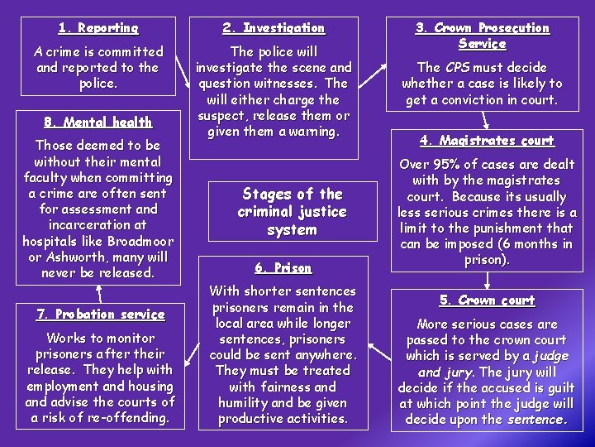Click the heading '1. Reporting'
pyautogui.click(x=98, y=28)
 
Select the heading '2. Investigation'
pyautogui.click(x=274, y=28)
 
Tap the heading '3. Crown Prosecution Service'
pyautogui.click(x=482, y=36)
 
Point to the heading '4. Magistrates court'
pyautogui.click(x=486, y=141)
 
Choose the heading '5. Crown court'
pyautogui.click(x=486, y=300)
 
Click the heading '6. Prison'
pyautogui.click(x=283, y=268)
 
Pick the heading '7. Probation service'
pyautogui.click(x=100, y=315)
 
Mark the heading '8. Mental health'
pyautogui.click(x=98, y=123)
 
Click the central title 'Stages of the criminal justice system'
pyautogui.click(x=292, y=212)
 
